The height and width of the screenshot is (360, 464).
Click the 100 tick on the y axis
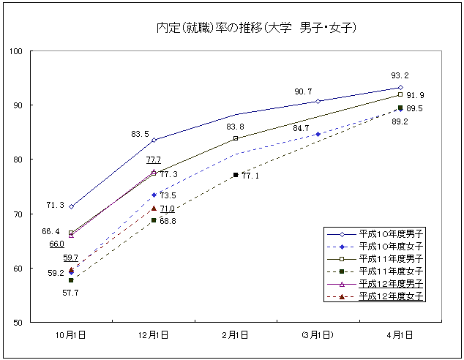[x=15, y=51]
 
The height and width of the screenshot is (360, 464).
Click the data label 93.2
[x=400, y=75]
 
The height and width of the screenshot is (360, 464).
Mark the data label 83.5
[x=140, y=134]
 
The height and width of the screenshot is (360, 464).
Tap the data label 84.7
[x=301, y=129]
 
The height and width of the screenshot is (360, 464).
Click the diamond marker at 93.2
[x=400, y=87]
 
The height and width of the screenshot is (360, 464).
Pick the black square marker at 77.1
[x=236, y=175]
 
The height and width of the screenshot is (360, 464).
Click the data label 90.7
[x=303, y=91]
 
